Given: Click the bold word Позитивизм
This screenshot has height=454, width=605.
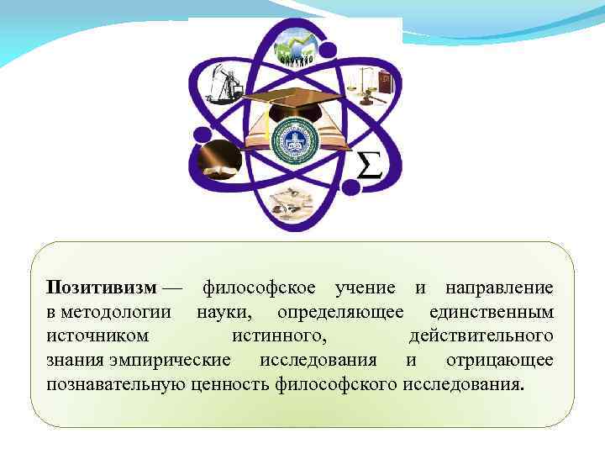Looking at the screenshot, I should pyautogui.click(x=102, y=288).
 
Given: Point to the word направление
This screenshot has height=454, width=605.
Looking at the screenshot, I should pyautogui.click(x=498, y=288).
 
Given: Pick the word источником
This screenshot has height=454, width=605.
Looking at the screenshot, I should pyautogui.click(x=98, y=336).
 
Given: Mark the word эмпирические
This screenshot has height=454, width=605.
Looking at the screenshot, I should pyautogui.click(x=171, y=361).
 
